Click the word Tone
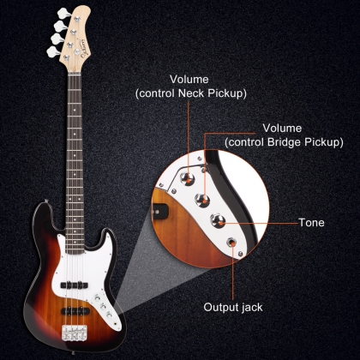[311, 223]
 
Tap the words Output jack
[233, 308]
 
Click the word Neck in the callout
[191, 93]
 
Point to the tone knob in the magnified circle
[218, 220]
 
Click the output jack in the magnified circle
[231, 243]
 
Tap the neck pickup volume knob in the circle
[187, 178]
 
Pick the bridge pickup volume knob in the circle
[202, 200]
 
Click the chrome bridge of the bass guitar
[75, 333]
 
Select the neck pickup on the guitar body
[74, 285]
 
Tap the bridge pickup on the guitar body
[75, 310]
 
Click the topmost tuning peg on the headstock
[63, 13]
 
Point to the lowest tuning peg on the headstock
[53, 52]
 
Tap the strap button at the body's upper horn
[46, 201]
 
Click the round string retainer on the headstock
[77, 51]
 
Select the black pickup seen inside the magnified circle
[159, 212]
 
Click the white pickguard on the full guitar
[86, 274]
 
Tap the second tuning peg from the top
[60, 26]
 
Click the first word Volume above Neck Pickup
[189, 80]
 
